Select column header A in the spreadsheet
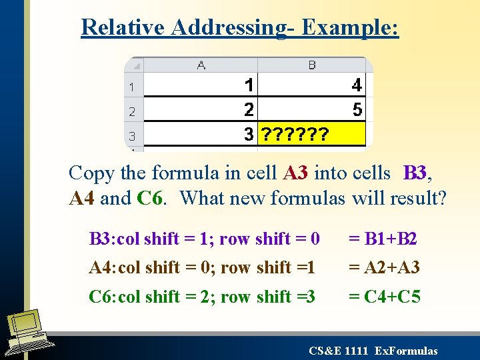coord(201,65)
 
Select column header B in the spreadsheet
coord(312,65)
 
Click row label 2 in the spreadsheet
coord(132,111)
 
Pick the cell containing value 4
coord(312,86)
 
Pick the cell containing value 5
coord(312,110)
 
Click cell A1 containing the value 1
coord(201,86)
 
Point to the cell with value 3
coord(201,135)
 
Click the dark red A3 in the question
coord(296,173)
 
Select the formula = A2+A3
coord(385,267)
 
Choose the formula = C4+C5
coord(385,296)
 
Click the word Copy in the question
coord(92,173)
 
